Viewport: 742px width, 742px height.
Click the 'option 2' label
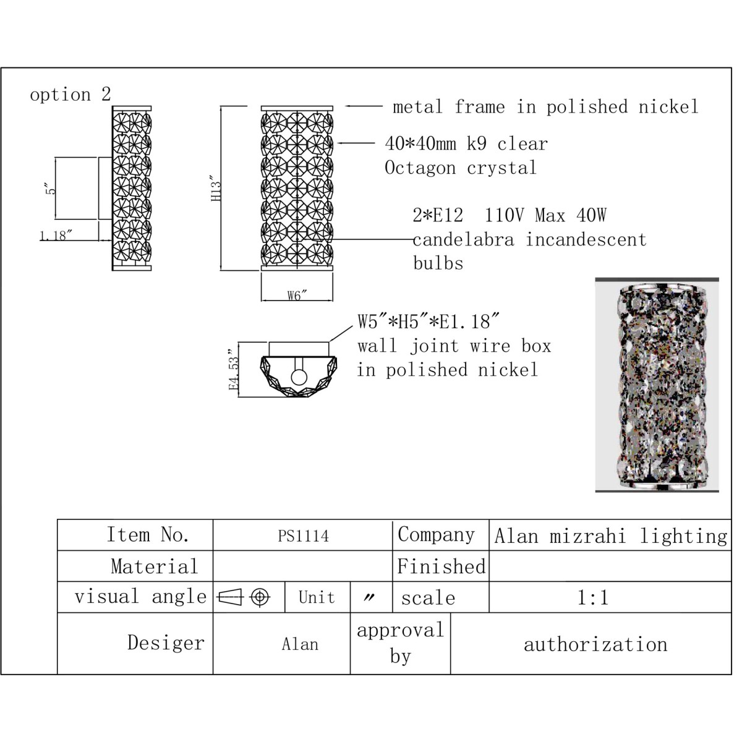coord(70,95)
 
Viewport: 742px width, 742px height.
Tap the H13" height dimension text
coord(216,189)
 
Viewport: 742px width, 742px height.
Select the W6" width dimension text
coord(297,296)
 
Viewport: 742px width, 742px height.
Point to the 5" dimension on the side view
coord(51,189)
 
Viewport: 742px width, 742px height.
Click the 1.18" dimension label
coord(56,235)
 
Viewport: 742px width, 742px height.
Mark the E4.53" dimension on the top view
coord(234,370)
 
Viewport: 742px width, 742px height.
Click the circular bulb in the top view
coord(299,377)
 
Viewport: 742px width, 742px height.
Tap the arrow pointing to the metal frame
coord(364,106)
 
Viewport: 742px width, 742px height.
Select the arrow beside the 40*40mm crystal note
coord(356,143)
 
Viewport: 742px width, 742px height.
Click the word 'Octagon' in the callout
coord(420,168)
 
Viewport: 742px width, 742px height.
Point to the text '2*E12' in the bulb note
coord(438,215)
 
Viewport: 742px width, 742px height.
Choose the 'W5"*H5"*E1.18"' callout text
coord(429,321)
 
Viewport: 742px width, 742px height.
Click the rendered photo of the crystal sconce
coord(657,385)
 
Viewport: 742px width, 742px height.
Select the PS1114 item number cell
coord(304,536)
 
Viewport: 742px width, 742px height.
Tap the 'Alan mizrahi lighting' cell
coord(611,536)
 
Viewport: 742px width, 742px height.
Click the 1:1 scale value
coord(593,597)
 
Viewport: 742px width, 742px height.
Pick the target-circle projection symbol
coord(260,597)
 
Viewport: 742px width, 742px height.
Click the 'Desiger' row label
coord(166,643)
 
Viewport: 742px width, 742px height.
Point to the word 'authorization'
coord(595,644)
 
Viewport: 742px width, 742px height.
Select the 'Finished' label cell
coord(441,566)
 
